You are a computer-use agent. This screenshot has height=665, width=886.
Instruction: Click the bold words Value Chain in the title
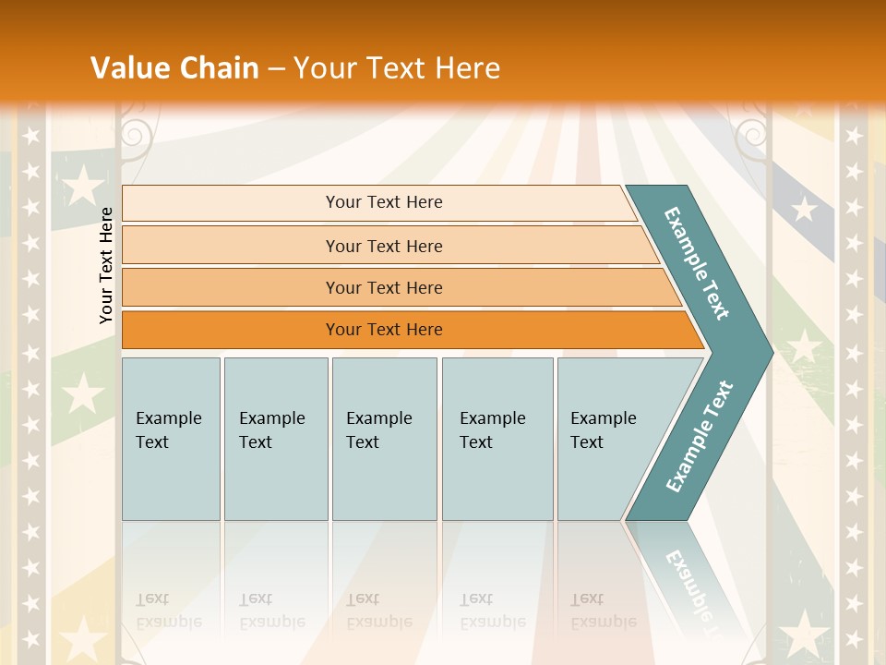pos(174,67)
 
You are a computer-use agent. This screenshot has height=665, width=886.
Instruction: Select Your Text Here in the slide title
pos(397,67)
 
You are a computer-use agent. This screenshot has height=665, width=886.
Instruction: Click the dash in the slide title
pos(276,68)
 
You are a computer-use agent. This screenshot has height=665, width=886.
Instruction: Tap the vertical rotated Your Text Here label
pos(106,265)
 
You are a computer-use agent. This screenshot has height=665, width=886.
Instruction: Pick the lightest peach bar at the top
pos(383,202)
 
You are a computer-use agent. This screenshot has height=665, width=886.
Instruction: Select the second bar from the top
pos(383,246)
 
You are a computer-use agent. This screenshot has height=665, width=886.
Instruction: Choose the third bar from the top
pos(383,287)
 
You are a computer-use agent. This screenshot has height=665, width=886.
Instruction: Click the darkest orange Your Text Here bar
pos(383,330)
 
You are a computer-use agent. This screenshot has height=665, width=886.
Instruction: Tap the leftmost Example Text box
pos(171,438)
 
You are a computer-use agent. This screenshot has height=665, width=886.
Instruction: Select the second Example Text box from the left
pos(276,438)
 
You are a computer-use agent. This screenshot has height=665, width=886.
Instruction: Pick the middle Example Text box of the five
pos(384,438)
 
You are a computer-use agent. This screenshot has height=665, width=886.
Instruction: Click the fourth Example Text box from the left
pos(497,438)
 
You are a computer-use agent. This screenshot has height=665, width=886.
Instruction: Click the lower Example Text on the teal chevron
pos(700,436)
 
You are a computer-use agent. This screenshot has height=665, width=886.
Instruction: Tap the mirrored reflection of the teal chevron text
pos(688,582)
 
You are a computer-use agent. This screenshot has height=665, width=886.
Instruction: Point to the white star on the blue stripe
pos(804,210)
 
